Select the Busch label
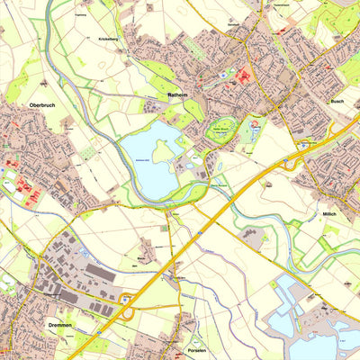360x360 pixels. pos(337,103)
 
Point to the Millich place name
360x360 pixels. pos(329,214)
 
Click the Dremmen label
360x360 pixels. pos(53,324)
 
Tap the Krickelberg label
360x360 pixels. pos(109,40)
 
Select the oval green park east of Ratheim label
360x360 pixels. pos(221,130)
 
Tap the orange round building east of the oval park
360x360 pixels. pos(254,125)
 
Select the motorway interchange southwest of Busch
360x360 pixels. pos(295,158)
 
